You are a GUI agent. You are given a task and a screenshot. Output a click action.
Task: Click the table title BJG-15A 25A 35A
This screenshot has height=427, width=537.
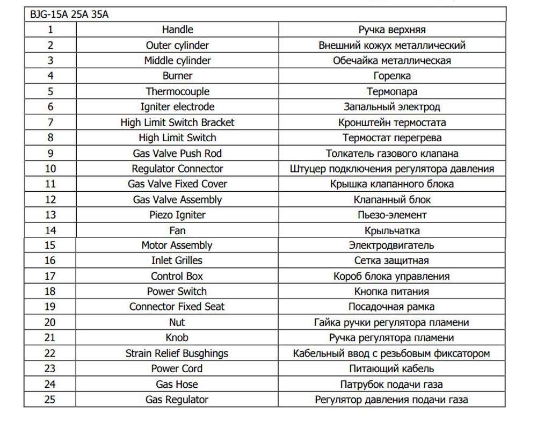click(x=69, y=15)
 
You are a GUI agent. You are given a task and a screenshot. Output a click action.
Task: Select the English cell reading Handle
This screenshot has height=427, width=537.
click(x=177, y=30)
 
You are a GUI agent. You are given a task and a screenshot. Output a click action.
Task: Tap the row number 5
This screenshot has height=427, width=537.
click(x=50, y=91)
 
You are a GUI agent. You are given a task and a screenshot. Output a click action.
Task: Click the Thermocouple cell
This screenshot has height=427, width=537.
click(x=177, y=91)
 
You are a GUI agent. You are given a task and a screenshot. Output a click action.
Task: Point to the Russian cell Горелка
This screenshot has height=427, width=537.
click(x=392, y=76)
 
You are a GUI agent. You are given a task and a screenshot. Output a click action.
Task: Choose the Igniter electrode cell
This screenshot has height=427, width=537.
click(x=177, y=107)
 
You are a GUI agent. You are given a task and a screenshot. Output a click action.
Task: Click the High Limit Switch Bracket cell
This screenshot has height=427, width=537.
click(x=177, y=122)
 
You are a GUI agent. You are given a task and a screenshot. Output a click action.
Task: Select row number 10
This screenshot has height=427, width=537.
click(x=50, y=169)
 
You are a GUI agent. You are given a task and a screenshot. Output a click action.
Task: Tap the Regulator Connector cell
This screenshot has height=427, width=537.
click(x=177, y=169)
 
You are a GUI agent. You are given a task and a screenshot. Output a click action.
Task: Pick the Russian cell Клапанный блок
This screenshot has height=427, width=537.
click(x=392, y=200)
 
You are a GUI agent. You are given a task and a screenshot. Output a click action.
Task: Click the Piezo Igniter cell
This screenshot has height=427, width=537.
click(x=177, y=215)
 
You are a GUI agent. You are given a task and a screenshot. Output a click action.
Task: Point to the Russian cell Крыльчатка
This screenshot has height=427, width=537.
click(x=392, y=230)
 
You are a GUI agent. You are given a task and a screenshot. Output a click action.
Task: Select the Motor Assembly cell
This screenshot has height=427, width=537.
click(x=177, y=245)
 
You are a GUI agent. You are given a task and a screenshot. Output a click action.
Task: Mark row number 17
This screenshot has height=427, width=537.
click(x=50, y=276)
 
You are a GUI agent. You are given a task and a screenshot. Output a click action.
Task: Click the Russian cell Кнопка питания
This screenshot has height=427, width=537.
click(x=392, y=292)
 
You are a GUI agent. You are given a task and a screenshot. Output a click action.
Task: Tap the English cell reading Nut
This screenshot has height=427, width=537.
click(x=177, y=322)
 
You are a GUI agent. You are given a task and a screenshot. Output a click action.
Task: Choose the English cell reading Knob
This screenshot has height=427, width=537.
click(x=177, y=338)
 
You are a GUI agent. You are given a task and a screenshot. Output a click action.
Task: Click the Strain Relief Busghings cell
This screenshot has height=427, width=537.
click(x=177, y=353)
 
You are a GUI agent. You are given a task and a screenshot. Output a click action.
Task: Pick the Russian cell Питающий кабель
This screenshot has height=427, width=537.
click(x=392, y=368)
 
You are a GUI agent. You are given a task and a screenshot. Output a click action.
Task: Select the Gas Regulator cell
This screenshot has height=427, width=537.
click(x=177, y=400)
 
